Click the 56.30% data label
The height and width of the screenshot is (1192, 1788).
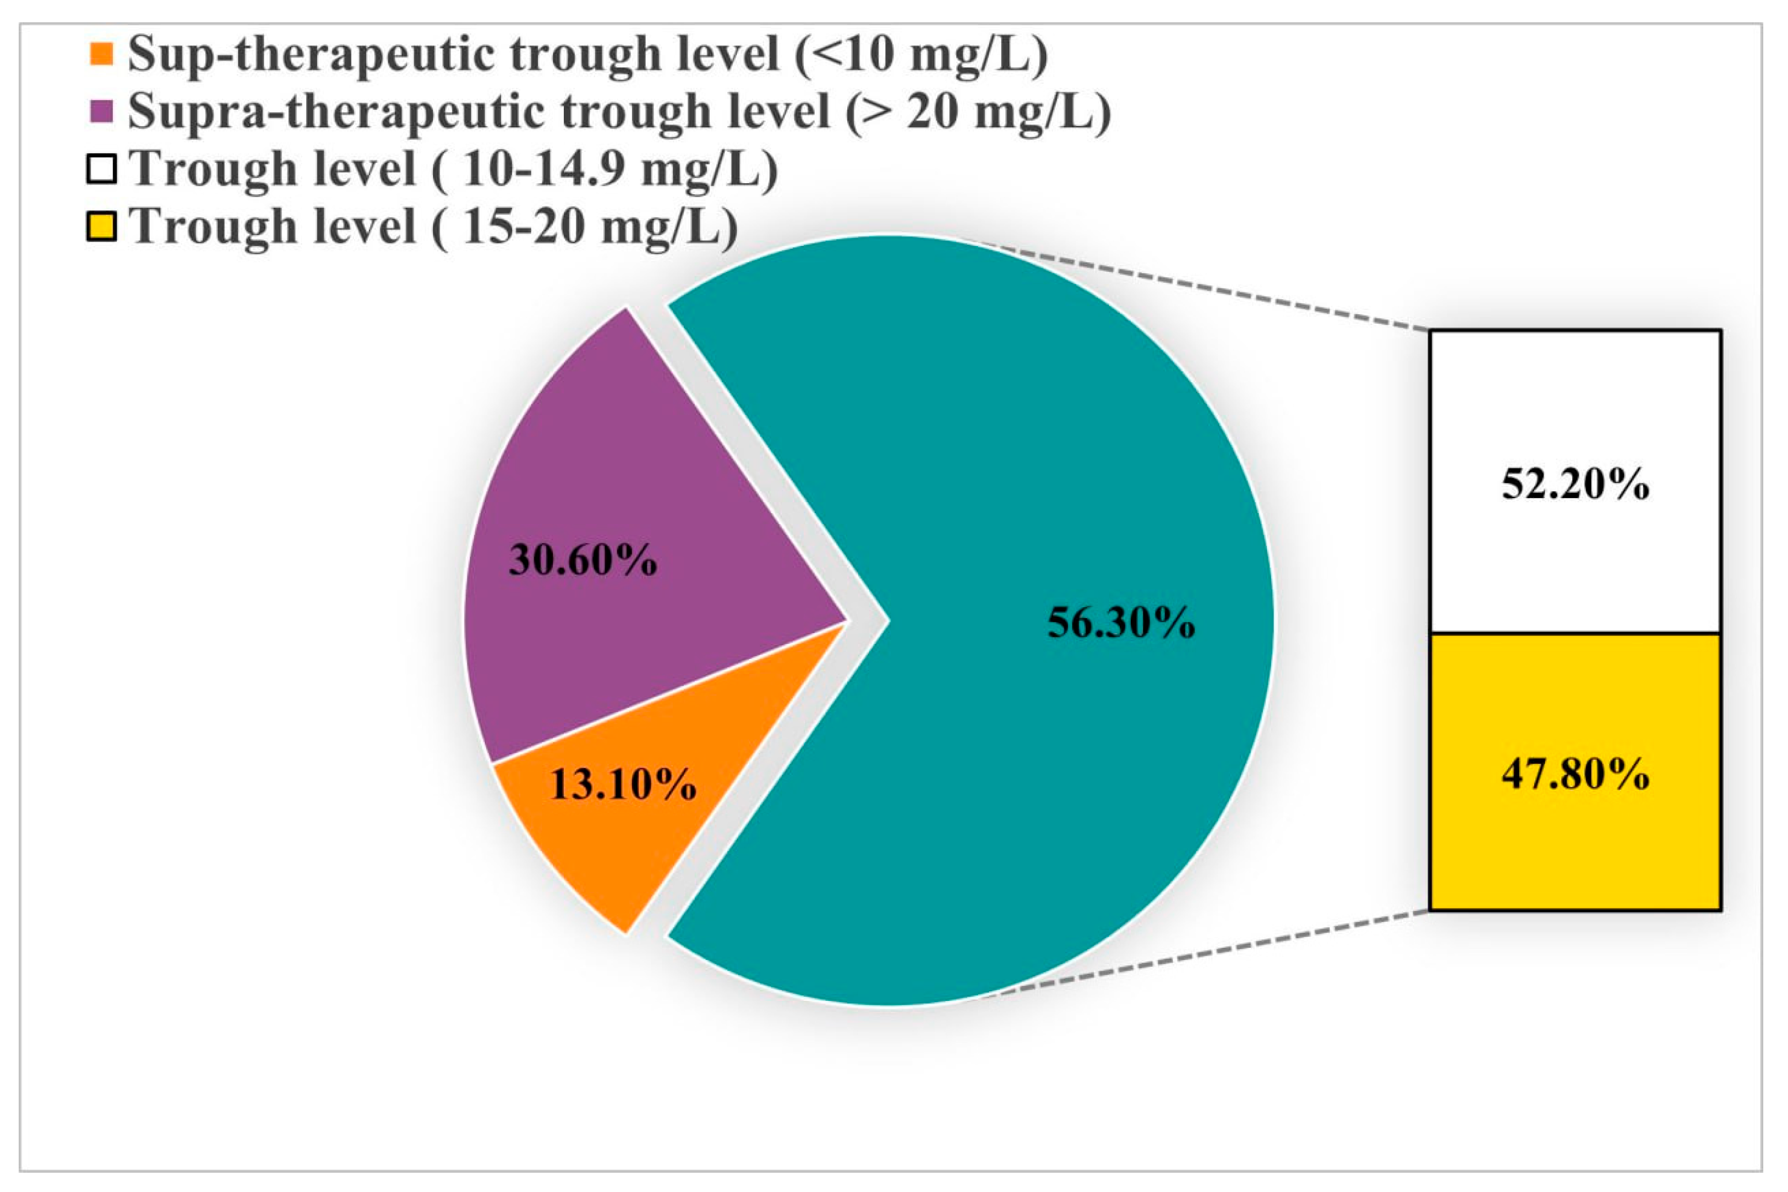coord(1120,622)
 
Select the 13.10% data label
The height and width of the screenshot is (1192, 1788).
coord(622,784)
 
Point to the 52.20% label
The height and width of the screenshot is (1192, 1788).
coord(1575,484)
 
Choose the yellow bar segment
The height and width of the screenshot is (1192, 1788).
coord(1575,851)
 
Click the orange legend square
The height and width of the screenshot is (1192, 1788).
coord(101,54)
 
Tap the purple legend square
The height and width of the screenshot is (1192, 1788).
coord(101,112)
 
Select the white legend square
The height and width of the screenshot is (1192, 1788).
coord(101,169)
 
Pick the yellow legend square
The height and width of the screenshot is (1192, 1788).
coord(101,227)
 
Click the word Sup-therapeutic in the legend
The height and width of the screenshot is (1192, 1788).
coord(315,54)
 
